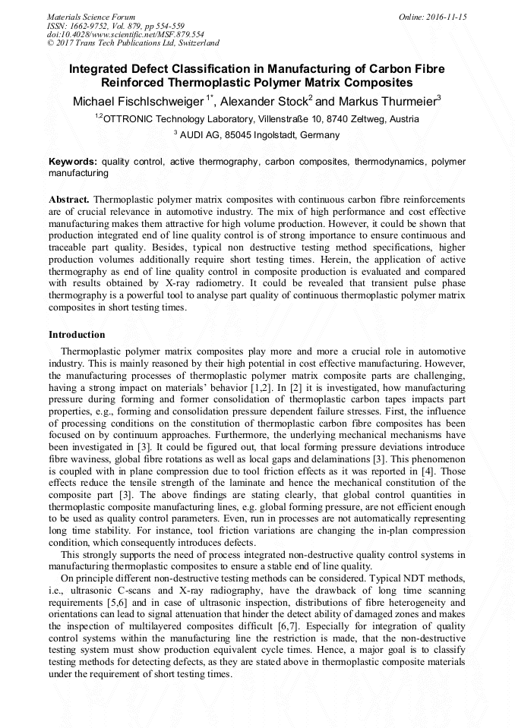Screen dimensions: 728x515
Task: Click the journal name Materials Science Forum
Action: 91,16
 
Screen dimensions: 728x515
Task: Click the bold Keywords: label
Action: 73,162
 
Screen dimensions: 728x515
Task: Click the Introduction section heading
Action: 77,335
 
